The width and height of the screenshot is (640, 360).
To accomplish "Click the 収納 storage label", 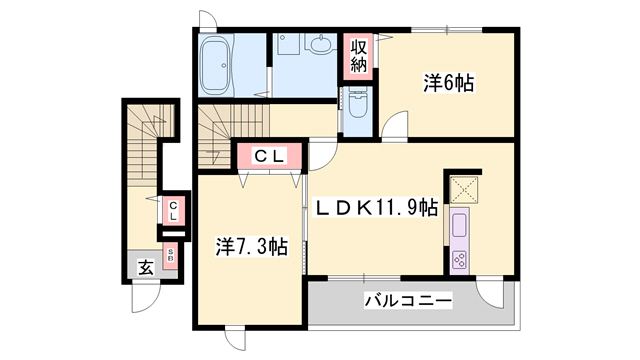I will pos(358,57).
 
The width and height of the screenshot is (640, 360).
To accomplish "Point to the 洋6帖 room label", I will pos(447,85).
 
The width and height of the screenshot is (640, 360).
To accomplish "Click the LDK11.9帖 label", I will pos(377,209).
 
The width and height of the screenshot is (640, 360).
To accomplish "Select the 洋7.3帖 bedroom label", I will pos(253,246).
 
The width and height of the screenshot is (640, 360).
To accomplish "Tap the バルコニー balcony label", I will pos(407,300).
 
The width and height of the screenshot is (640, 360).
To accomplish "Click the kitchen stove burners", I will pos(462,258).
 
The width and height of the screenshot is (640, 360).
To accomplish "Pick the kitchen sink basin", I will pos(462,223).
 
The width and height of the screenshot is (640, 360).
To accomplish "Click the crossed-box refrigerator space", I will pos(462,187).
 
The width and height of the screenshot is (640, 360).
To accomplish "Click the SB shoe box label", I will pos(171,255).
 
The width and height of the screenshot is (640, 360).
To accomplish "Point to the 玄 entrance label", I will pos(146,267).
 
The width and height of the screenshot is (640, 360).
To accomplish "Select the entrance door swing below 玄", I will pos(146,296).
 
